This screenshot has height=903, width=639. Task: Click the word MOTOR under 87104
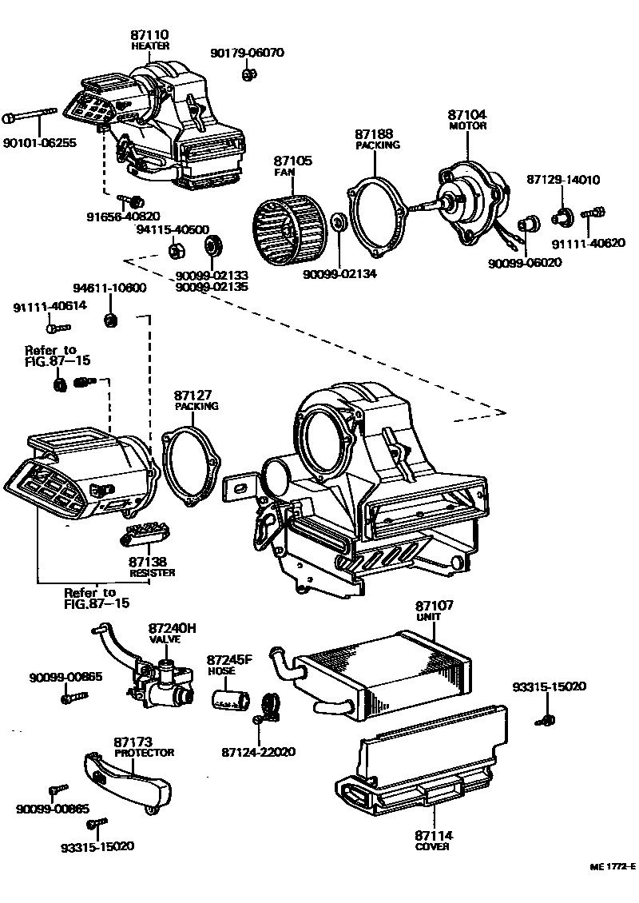pyautogui.click(x=467, y=126)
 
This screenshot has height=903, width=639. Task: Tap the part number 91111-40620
pyautogui.click(x=588, y=243)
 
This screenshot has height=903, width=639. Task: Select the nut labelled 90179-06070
pyautogui.click(x=248, y=75)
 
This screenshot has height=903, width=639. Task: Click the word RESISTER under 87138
pyautogui.click(x=152, y=573)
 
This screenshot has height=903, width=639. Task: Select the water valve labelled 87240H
pyautogui.click(x=160, y=684)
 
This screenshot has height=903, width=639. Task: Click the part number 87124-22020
pyautogui.click(x=258, y=752)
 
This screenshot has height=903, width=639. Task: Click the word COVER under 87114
pyautogui.click(x=433, y=847)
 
